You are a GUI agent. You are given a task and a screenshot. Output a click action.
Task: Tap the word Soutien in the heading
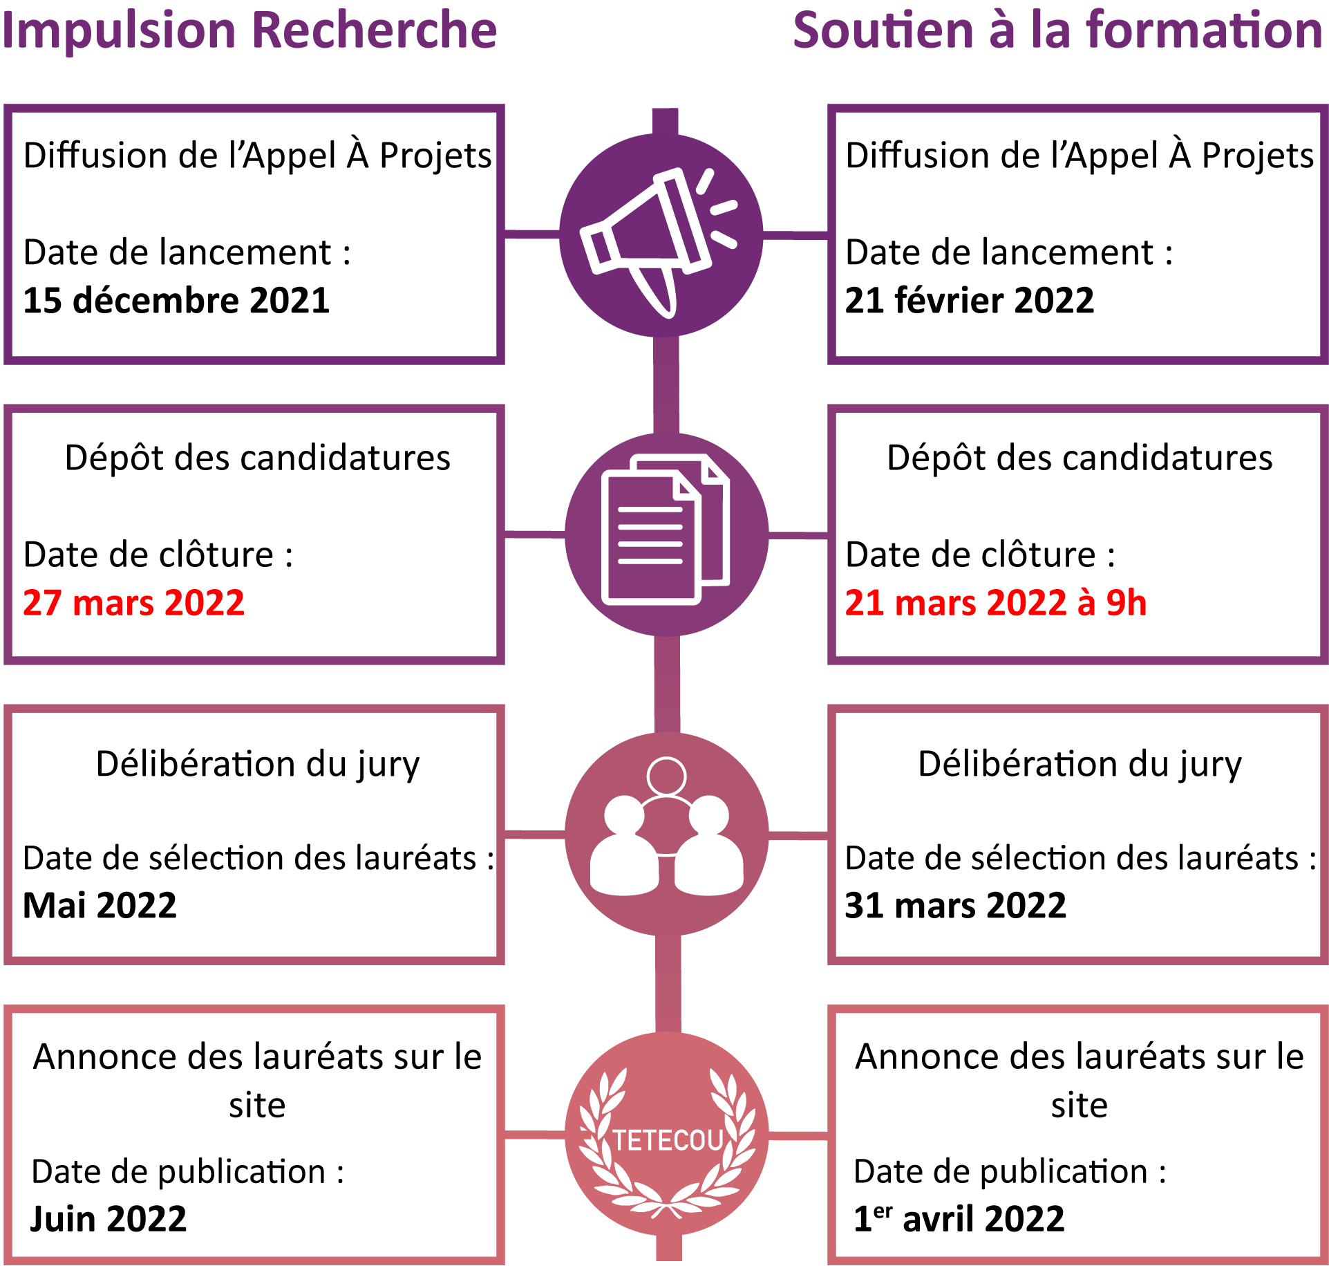pyautogui.click(x=883, y=31)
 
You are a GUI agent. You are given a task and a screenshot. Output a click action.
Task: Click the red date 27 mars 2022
pyautogui.click(x=133, y=602)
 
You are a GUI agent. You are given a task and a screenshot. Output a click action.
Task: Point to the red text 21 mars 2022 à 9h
pyautogui.click(x=995, y=602)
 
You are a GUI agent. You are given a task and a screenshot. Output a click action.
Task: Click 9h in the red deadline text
pyautogui.click(x=1126, y=602)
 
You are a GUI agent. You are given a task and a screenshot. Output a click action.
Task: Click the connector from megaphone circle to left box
pyautogui.click(x=531, y=234)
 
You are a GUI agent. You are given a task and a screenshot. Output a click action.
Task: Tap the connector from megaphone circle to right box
pyautogui.click(x=795, y=235)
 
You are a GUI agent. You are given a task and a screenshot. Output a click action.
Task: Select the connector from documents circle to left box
pyautogui.click(x=534, y=534)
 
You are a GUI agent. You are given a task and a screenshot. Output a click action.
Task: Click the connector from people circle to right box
pyautogui.click(x=798, y=836)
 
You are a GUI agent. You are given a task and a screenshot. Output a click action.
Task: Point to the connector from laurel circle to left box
pyautogui.click(x=534, y=1135)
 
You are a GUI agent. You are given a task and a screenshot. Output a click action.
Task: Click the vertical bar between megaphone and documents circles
pyautogui.click(x=666, y=385)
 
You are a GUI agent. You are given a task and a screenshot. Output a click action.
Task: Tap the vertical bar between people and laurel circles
pyautogui.click(x=668, y=984)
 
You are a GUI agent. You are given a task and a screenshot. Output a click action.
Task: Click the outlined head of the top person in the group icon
pyautogui.click(x=666, y=776)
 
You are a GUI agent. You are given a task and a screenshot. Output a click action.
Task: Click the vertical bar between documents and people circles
pyautogui.click(x=667, y=685)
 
